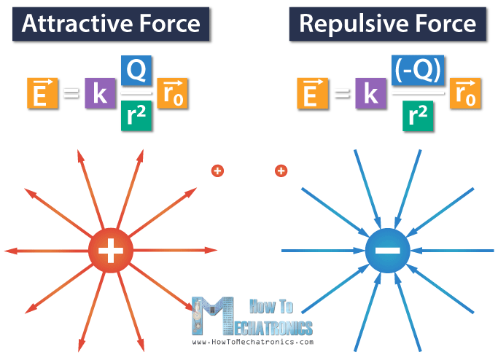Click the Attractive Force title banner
(111, 23)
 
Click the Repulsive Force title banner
(387, 23)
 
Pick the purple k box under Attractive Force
(98, 94)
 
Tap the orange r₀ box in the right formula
(465, 94)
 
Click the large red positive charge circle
(110, 252)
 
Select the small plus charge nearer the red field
(217, 171)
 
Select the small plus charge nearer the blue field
(280, 171)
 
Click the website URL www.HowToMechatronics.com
(252, 341)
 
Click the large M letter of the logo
(214, 316)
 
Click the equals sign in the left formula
(70, 94)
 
